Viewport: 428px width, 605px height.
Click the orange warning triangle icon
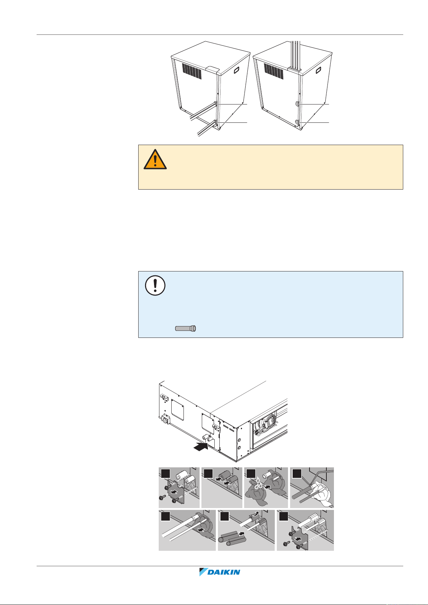point(155,160)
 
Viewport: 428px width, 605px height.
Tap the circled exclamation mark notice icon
point(155,285)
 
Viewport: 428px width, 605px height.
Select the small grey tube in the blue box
point(186,329)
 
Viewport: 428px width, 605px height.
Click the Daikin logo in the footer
point(219,572)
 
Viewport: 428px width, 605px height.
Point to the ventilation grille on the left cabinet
point(192,71)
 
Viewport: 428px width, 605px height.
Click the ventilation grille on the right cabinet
point(274,71)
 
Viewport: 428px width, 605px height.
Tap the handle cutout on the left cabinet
point(237,70)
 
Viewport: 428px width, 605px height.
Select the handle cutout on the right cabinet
point(318,70)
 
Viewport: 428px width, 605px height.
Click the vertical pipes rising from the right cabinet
point(296,56)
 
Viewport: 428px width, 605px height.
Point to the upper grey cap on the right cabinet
point(297,104)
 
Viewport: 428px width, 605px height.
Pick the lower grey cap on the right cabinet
point(297,122)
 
